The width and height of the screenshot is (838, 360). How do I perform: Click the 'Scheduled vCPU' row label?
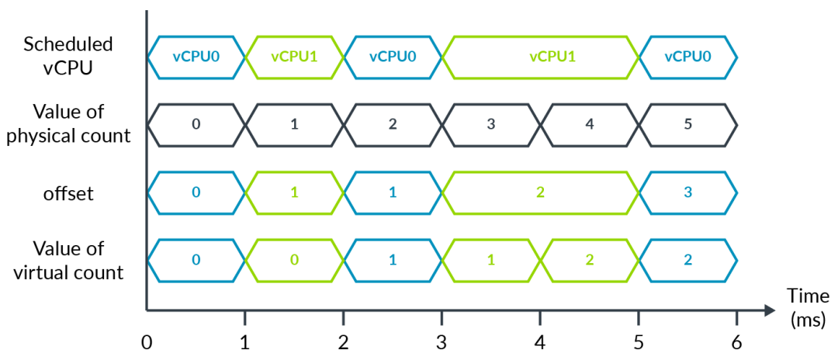click(68, 57)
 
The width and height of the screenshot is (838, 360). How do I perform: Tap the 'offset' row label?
click(68, 193)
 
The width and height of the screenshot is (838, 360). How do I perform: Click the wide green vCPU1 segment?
click(540, 57)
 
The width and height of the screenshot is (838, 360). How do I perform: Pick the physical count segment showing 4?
click(590, 125)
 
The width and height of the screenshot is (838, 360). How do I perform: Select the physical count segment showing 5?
click(687, 125)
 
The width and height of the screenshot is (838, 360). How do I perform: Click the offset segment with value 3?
click(687, 193)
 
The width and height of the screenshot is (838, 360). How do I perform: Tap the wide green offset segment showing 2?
click(540, 193)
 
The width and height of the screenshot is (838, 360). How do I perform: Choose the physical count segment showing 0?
click(196, 125)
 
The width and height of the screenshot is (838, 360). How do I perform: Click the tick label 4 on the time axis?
click(540, 342)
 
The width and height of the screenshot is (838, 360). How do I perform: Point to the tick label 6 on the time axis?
click(737, 342)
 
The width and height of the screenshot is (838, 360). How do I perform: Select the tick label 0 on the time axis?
click(147, 342)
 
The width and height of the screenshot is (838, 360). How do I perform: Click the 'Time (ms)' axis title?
click(808, 308)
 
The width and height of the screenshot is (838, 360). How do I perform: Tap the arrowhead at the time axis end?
click(769, 310)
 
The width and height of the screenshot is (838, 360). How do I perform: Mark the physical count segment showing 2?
click(393, 125)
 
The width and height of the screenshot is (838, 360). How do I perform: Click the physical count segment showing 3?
click(491, 125)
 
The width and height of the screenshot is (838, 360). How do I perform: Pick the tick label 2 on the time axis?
click(343, 342)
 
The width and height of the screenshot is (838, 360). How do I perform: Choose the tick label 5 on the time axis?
click(639, 342)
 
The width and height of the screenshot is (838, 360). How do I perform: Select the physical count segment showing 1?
click(295, 125)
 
